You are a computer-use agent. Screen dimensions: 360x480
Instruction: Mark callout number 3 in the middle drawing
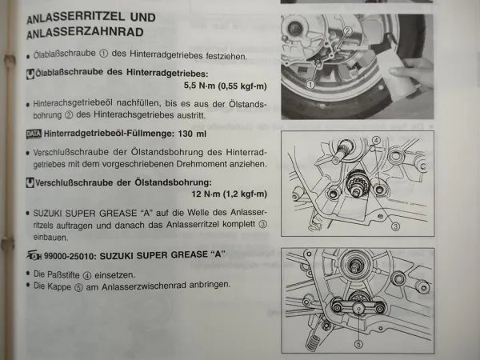[x=395, y=226]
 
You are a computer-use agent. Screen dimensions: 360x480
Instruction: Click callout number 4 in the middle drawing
[x=374, y=140]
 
